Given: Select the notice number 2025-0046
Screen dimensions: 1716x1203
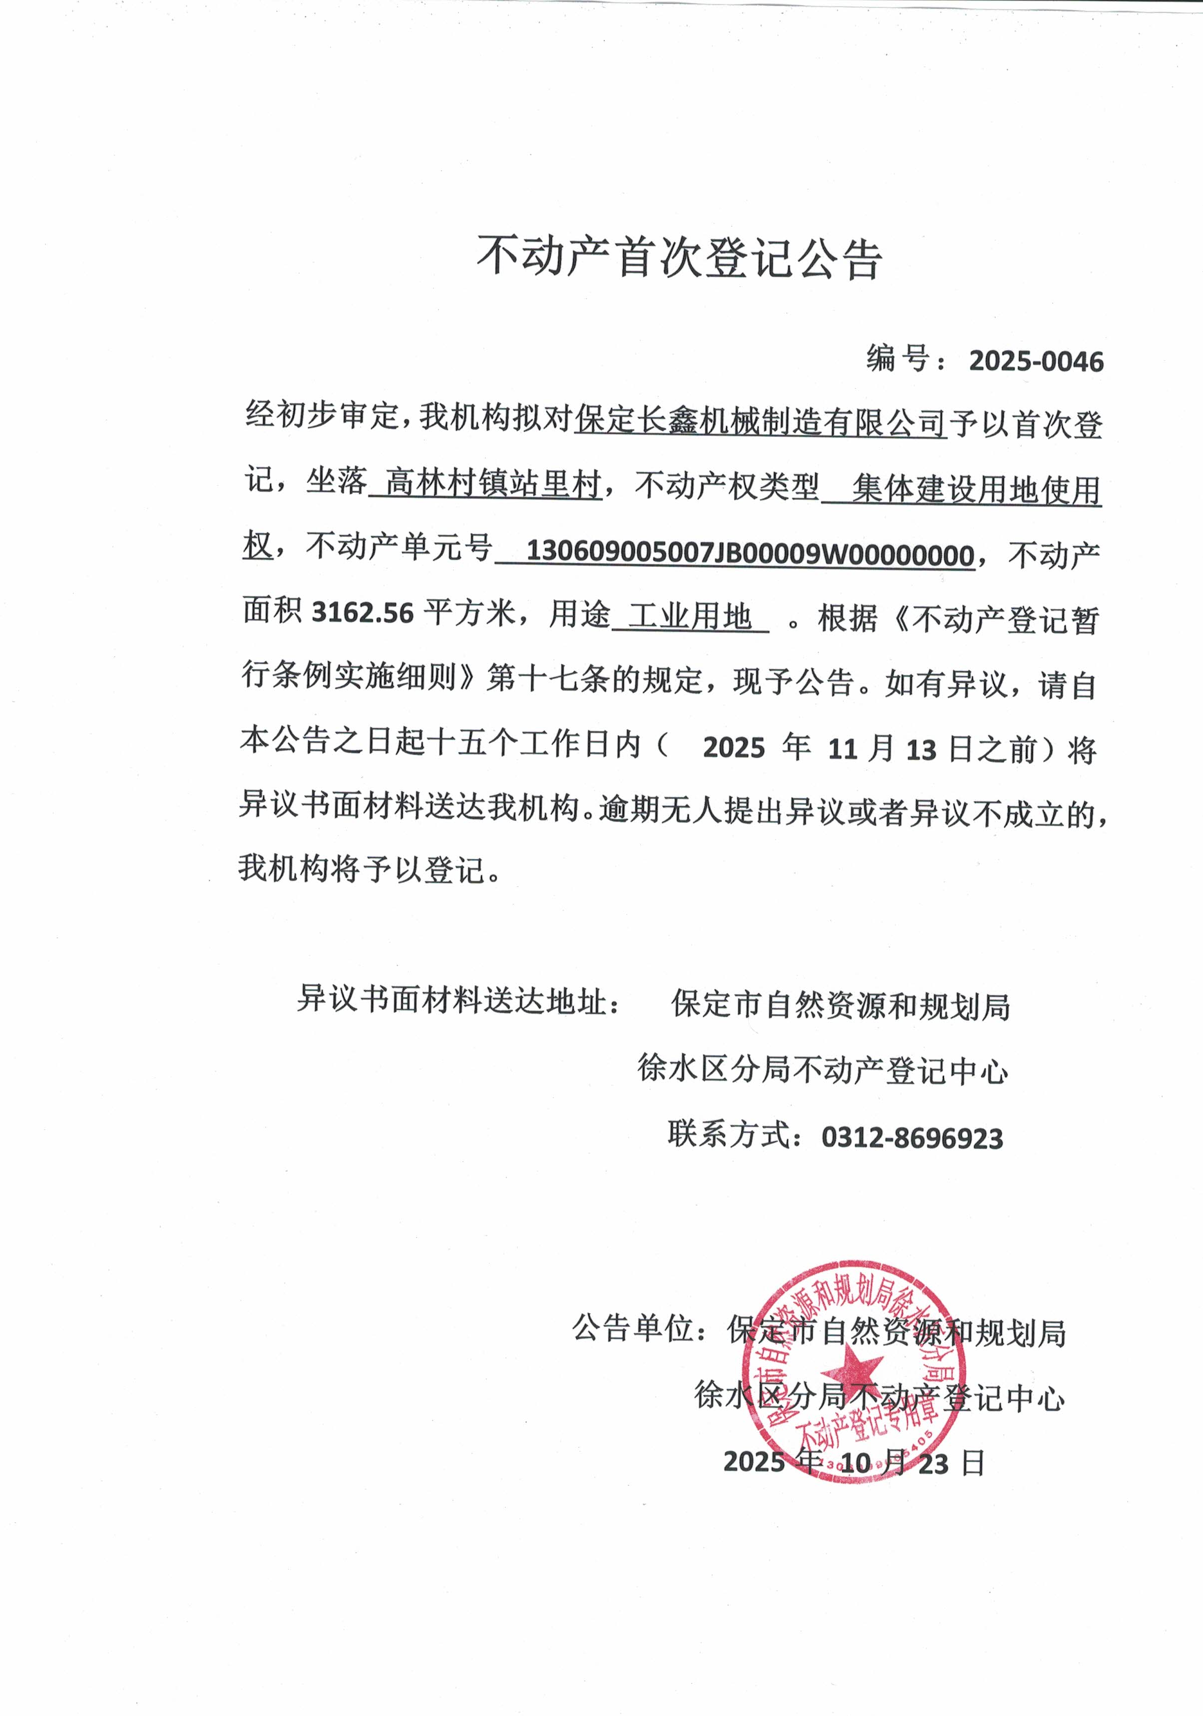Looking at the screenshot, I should click(x=1036, y=362).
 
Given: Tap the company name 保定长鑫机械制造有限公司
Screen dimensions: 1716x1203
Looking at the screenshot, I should click(x=760, y=423).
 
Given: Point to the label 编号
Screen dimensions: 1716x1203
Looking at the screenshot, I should click(x=897, y=360).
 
